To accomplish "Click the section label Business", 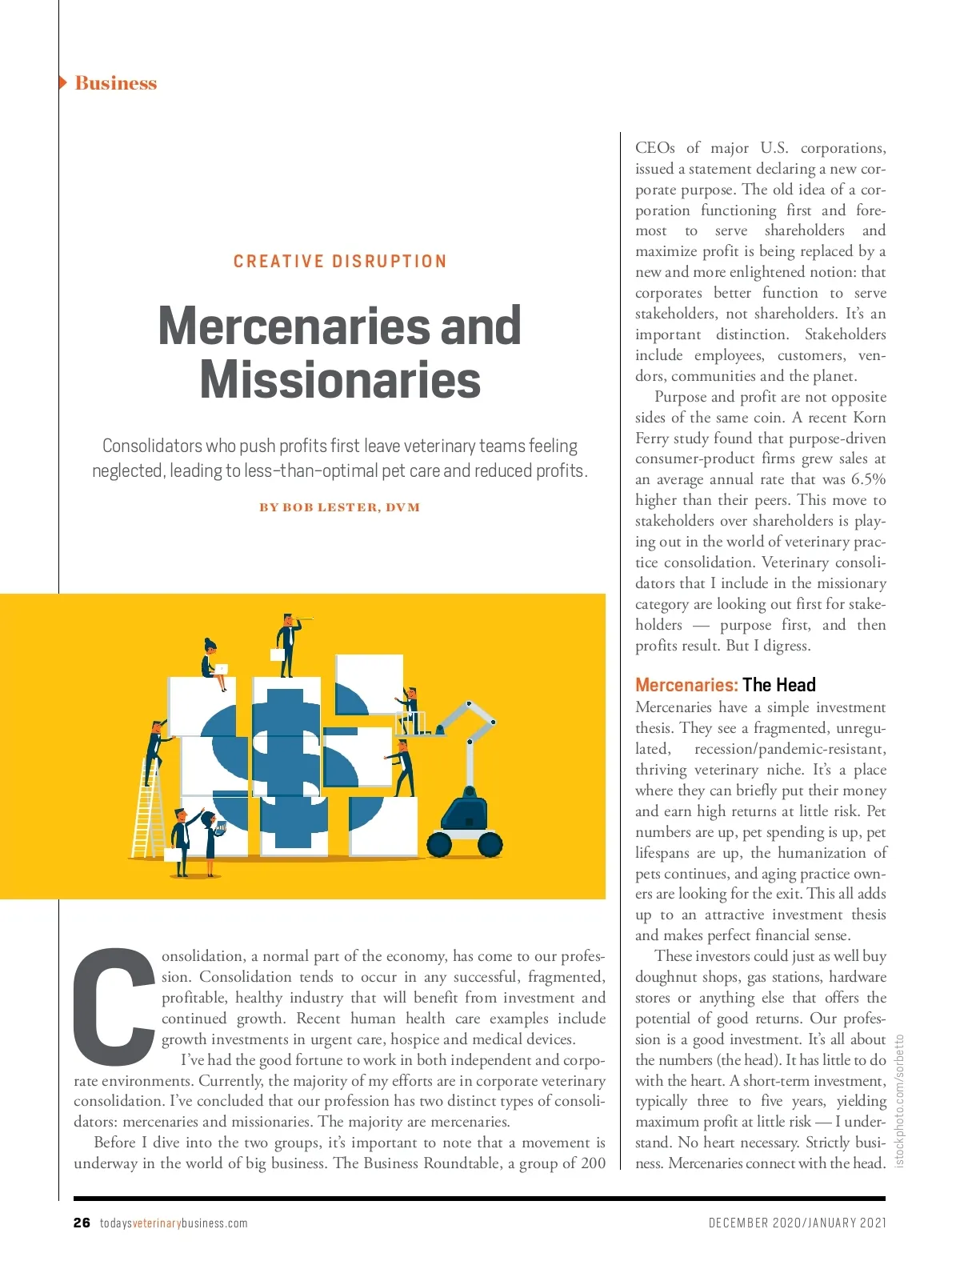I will pos(115,83).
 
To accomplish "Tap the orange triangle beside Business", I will pos(63,82).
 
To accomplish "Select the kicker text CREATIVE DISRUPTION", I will pos(340,262).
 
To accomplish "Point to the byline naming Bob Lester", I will pos(340,507).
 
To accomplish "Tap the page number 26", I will pos(82,1223).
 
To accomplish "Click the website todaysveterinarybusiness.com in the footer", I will pos(174,1223).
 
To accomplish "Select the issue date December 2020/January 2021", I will pos(797,1223).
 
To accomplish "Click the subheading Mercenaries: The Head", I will pos(725,685).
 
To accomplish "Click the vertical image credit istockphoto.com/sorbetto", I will pos(899,1100).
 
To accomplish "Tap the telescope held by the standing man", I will pos(302,618).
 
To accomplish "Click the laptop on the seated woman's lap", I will pos(221,669).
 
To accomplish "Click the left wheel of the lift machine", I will pos(439,843).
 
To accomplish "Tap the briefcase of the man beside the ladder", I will pos(172,854).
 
